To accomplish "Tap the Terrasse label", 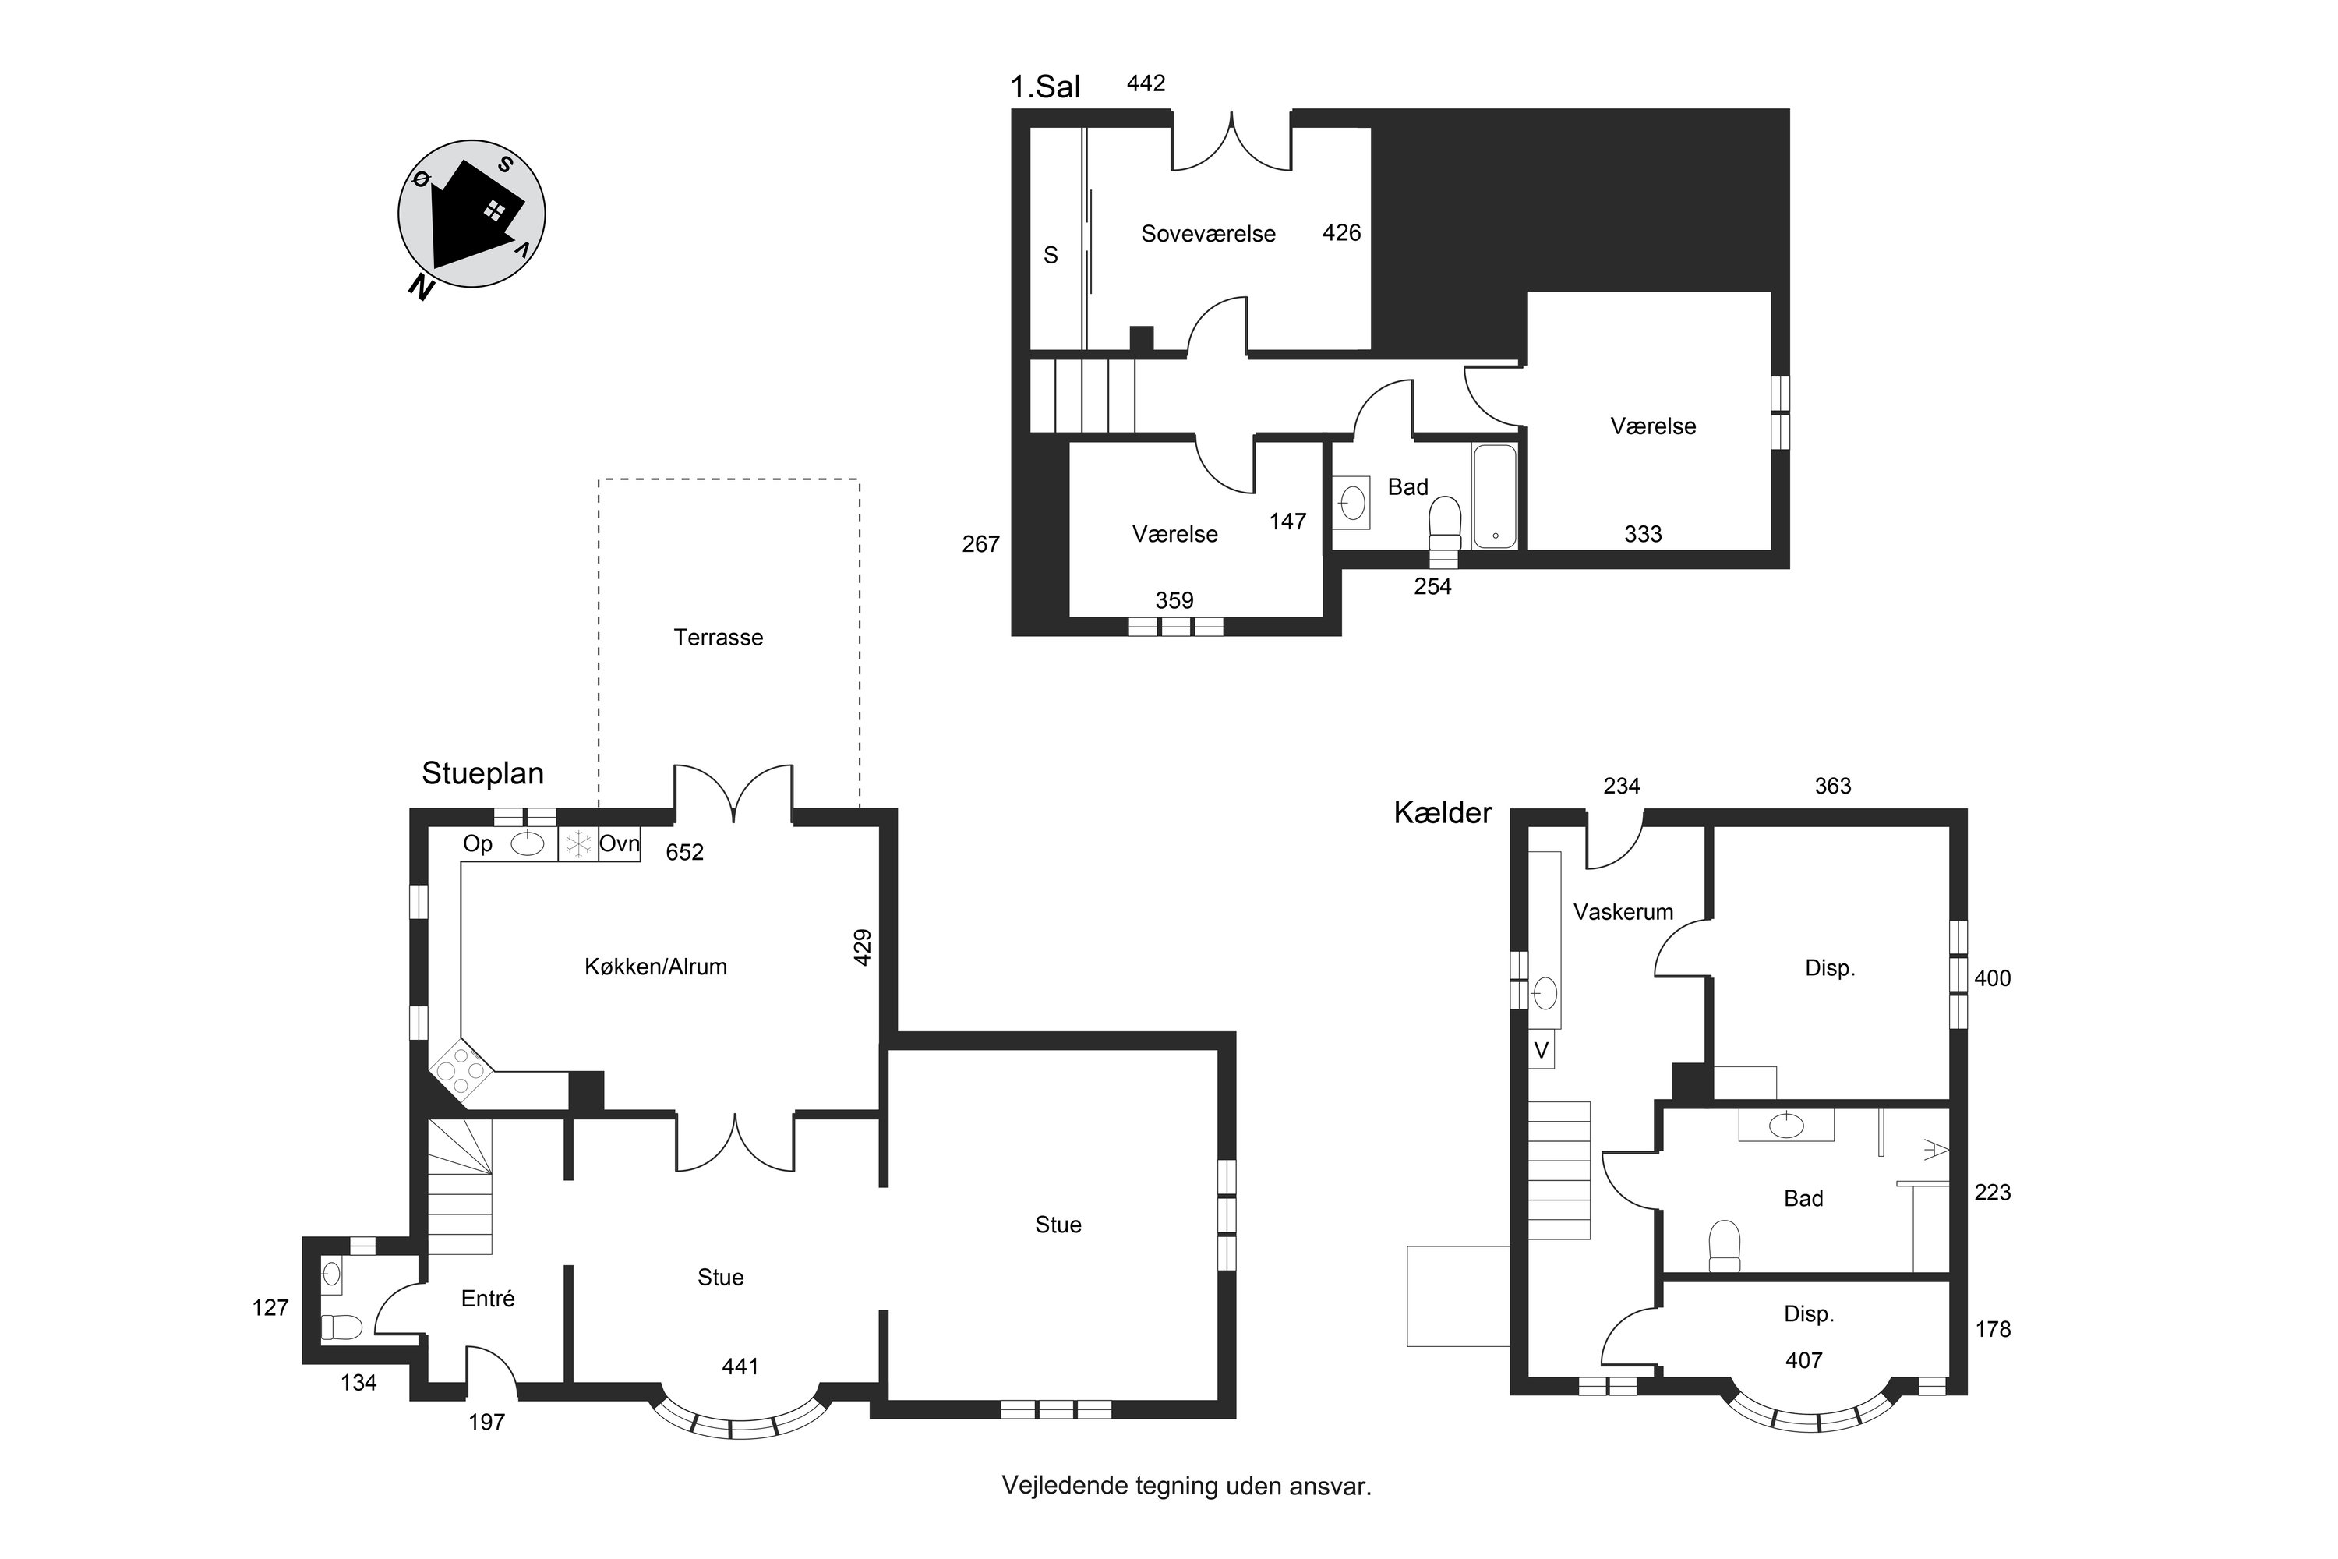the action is coord(719,638).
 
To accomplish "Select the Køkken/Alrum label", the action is coord(655,967).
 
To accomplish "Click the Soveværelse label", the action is coord(1208,234).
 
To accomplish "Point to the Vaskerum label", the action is coord(1623,912).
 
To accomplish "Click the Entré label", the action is coord(488,1299).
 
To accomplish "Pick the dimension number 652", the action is coord(685,852).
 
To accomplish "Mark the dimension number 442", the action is coord(1146,83).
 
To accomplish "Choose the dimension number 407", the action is coord(1804,1360).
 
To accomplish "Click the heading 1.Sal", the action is coord(1045,87).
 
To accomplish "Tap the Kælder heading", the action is coord(1443,813).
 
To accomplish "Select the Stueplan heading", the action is coord(482,773).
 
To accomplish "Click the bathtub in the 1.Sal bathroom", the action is coord(1495,495).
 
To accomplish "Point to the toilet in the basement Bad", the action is coord(1725,1246).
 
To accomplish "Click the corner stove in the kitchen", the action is coord(463,1071).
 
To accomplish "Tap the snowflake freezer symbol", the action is coord(577,845).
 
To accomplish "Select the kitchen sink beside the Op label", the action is coord(527,844).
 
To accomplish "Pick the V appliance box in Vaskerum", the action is coord(1541,1050).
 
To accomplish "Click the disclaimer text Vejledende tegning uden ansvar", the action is coord(1187,1487).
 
